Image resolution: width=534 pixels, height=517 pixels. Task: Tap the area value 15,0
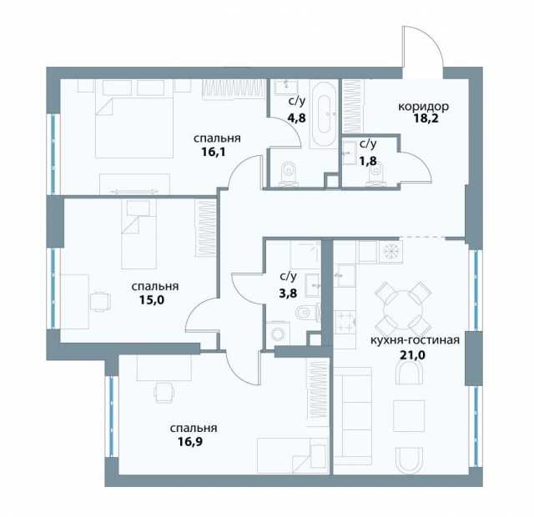[147, 300]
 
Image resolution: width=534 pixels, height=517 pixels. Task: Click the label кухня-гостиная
[414, 340]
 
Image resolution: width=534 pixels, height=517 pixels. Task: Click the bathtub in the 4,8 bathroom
[323, 114]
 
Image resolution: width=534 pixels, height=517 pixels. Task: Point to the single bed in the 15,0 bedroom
[142, 233]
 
